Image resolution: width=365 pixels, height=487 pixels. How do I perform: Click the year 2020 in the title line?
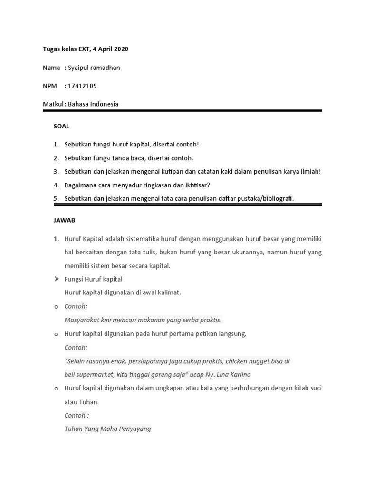coord(120,49)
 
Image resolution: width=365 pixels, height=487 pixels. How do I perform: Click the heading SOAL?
coord(61,126)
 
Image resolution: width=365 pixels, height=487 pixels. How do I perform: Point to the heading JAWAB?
coord(64,221)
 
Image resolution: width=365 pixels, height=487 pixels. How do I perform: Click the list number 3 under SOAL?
coord(56,171)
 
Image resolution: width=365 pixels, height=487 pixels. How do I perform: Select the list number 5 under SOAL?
coord(56,198)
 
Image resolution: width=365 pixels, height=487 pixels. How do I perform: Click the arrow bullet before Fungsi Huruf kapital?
coord(56,279)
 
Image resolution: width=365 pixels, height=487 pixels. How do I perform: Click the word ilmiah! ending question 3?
coord(311,171)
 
